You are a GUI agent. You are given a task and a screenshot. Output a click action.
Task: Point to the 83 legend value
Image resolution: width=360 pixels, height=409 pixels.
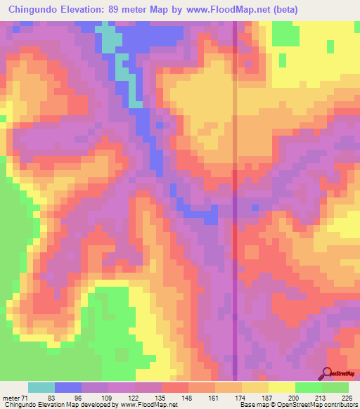52,398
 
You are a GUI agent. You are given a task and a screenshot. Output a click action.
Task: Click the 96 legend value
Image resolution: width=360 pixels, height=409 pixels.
79,398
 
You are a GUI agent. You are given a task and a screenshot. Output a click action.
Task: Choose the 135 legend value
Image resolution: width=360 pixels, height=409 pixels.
160,398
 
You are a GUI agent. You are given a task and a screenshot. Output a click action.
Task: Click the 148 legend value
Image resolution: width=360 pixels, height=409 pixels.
187,398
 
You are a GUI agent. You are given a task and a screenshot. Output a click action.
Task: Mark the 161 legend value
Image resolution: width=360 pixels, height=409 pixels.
214,398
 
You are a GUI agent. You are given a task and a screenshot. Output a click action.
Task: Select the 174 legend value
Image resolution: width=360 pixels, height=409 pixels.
240,398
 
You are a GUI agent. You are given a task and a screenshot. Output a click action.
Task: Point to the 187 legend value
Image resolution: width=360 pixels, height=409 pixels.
267,398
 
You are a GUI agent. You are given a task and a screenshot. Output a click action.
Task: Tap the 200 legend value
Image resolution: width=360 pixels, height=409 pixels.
294,398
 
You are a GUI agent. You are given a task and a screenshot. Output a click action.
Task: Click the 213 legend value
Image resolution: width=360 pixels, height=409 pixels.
321,398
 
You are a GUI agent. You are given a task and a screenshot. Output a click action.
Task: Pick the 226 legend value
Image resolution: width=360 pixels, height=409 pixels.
347,398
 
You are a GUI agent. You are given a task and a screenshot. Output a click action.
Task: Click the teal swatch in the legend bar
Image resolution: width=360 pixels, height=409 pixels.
41,387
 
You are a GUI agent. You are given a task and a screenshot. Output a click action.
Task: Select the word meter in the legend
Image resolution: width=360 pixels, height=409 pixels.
12,398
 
